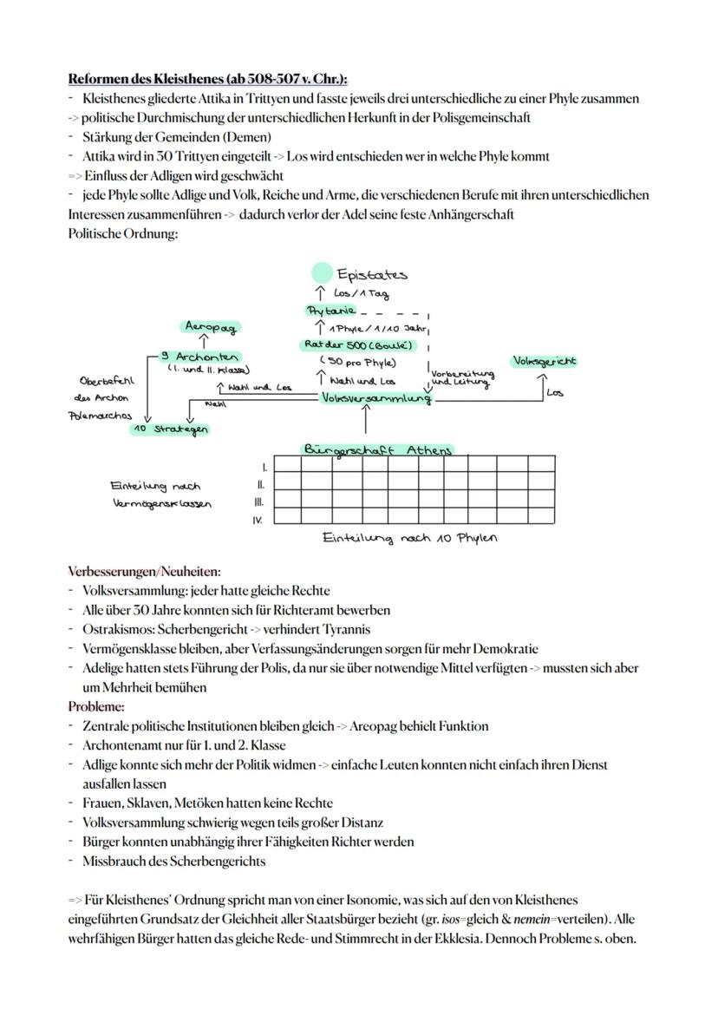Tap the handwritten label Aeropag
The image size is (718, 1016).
pos(212,327)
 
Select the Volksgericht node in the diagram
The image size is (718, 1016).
pos(545,361)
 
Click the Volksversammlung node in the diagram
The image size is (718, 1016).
pos(376,398)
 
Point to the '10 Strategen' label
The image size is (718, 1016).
pos(172,429)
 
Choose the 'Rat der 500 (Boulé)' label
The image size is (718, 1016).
pos(358,345)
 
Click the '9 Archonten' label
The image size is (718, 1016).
pos(201,357)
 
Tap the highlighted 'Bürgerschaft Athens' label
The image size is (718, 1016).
pos(377,450)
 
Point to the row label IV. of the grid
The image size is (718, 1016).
pos(258,520)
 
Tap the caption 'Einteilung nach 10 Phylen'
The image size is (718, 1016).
pos(408,539)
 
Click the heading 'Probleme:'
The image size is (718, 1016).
pos(96,707)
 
